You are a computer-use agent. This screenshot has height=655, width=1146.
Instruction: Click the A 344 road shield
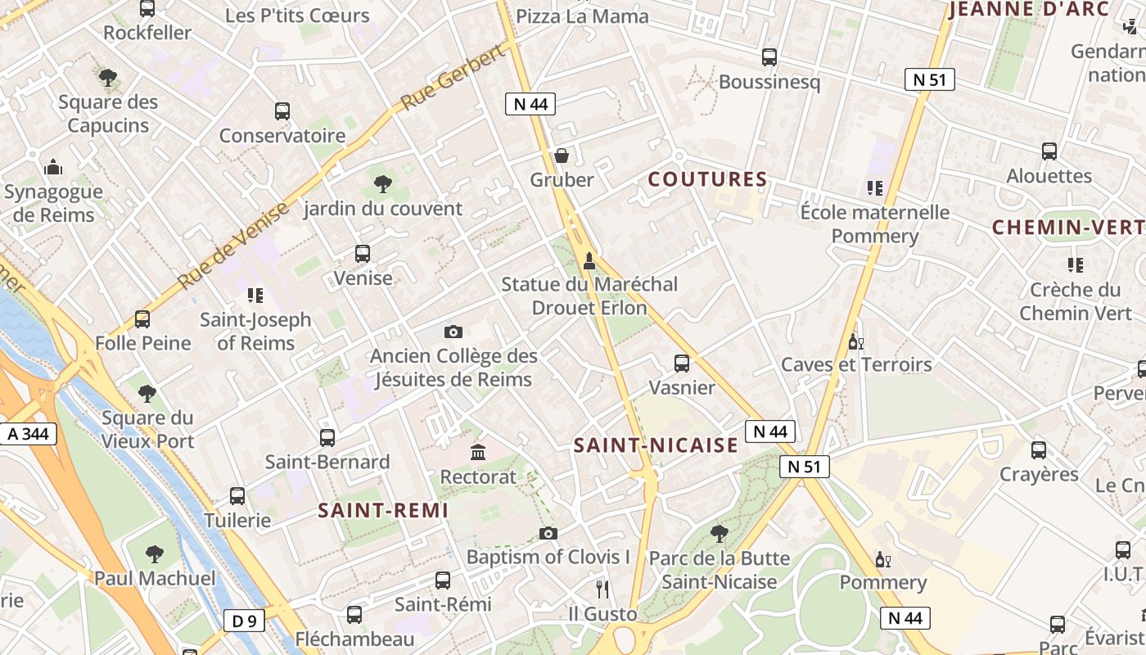point(29,434)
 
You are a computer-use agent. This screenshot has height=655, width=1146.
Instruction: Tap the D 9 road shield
point(244,621)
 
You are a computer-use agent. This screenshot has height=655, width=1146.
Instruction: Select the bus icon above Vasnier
point(681,363)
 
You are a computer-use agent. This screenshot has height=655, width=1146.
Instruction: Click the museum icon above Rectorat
point(478,452)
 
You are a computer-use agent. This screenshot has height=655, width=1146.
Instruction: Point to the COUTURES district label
point(708,179)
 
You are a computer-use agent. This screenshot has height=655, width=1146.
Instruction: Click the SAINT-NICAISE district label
point(656,445)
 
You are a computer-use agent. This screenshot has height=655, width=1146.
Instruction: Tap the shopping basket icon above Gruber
point(562,155)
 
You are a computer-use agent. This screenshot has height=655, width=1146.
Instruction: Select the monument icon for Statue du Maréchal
point(589,261)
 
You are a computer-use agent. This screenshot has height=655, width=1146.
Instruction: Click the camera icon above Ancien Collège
point(453,332)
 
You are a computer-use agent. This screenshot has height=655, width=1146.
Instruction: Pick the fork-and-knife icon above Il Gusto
point(602,589)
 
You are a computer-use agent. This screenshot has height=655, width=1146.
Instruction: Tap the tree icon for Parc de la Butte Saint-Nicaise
point(719,534)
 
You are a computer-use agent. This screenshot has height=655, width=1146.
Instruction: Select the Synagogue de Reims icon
point(54,168)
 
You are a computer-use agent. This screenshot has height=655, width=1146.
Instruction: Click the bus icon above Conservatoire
point(282,111)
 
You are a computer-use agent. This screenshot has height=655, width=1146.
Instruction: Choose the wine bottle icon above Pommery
point(882,559)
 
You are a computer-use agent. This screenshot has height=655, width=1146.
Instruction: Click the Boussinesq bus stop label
point(769,82)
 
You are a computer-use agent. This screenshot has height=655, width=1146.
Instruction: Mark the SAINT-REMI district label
point(382,510)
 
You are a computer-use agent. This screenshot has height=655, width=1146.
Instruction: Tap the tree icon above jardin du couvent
point(381,183)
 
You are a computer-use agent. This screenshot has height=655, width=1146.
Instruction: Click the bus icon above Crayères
point(1039,449)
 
